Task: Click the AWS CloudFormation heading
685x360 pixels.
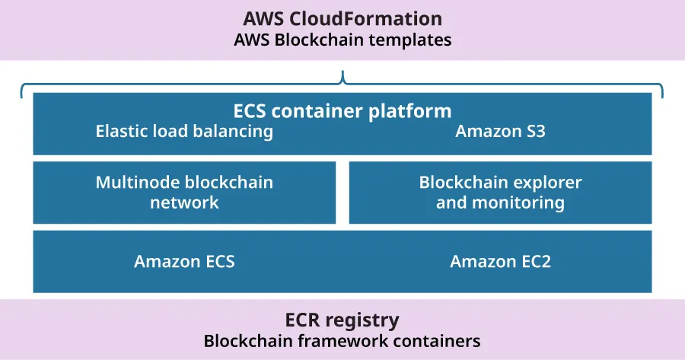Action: pyautogui.click(x=342, y=18)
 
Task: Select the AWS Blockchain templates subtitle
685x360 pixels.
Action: pyautogui.click(x=342, y=40)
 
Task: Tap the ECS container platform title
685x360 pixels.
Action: pyautogui.click(x=342, y=111)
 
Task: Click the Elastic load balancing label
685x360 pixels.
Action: pyautogui.click(x=184, y=132)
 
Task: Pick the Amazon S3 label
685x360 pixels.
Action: pyautogui.click(x=500, y=132)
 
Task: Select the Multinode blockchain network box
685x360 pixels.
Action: pyautogui.click(x=184, y=193)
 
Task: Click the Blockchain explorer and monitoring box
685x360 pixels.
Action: pyautogui.click(x=500, y=193)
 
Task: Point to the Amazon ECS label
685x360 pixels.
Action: pyautogui.click(x=184, y=262)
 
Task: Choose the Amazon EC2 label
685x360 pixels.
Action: pyautogui.click(x=500, y=262)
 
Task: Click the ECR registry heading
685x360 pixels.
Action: pyautogui.click(x=342, y=319)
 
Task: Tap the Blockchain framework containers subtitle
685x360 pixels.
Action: pyautogui.click(x=342, y=341)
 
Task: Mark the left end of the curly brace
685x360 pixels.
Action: pyautogui.click(x=22, y=96)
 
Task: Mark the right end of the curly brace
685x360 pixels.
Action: pyautogui.click(x=662, y=96)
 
